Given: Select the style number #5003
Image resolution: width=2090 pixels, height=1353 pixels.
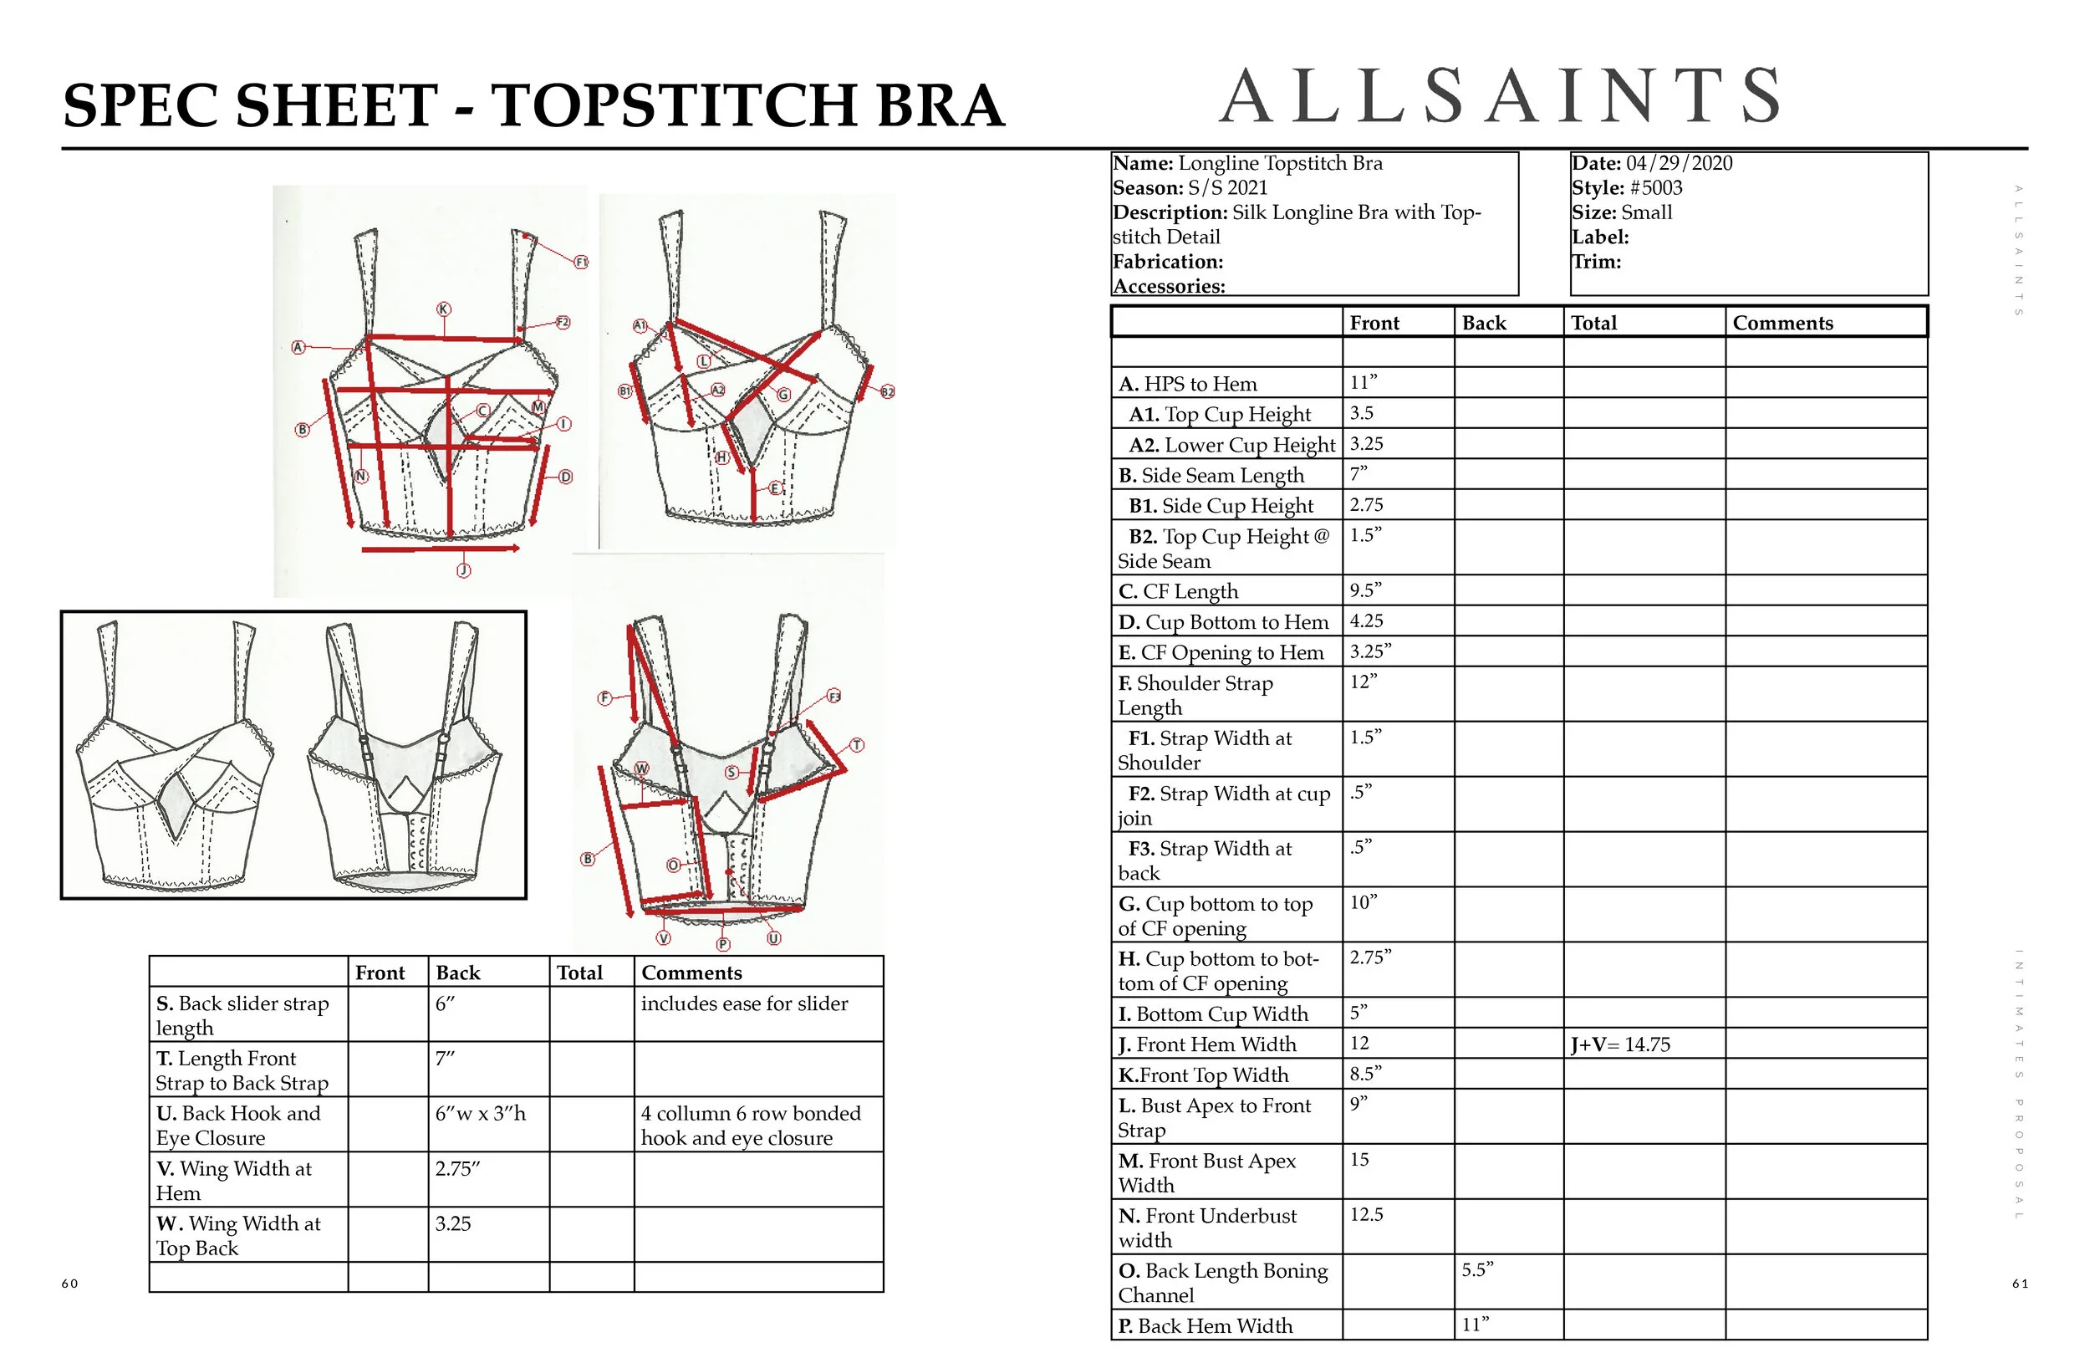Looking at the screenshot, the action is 1655,188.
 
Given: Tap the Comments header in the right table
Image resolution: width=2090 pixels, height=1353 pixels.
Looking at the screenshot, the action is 1782,324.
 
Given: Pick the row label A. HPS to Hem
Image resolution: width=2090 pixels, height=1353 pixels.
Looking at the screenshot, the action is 1187,384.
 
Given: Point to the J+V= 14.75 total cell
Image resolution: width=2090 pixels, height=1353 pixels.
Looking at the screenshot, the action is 1620,1044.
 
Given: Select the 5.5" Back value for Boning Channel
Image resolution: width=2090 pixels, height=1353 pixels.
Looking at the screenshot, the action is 1477,1270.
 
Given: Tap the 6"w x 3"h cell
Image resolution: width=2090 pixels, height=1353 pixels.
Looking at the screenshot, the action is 481,1114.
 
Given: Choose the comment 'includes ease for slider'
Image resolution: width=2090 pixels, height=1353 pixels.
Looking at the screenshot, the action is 744,1004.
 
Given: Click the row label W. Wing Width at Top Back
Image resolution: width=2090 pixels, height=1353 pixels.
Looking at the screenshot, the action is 238,1235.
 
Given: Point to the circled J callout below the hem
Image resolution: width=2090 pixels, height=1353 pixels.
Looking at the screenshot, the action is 464,570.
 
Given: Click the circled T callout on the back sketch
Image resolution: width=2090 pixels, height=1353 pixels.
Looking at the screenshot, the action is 857,745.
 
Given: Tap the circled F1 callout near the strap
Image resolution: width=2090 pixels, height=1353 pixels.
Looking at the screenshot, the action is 580,262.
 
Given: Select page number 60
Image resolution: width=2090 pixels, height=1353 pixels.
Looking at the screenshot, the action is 70,1284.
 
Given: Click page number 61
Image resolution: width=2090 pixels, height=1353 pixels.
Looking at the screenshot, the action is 2020,1284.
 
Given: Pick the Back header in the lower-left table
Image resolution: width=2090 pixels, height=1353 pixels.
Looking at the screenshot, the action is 457,973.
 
